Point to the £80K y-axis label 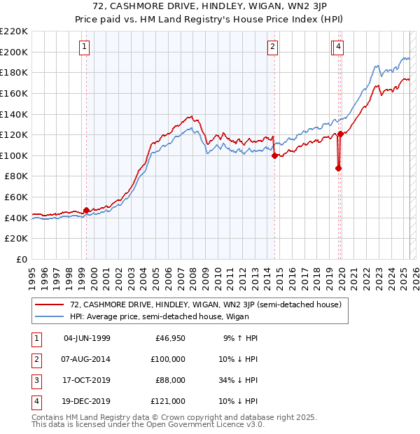pos(16,176)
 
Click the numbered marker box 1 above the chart pos(84,47)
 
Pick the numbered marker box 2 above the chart pos(272,47)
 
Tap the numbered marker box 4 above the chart pos(339,47)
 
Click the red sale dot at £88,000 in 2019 pos(338,168)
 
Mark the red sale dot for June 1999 pos(86,210)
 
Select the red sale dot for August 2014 pos(274,155)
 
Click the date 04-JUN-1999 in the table pos(87,338)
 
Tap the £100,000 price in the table pos(168,359)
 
